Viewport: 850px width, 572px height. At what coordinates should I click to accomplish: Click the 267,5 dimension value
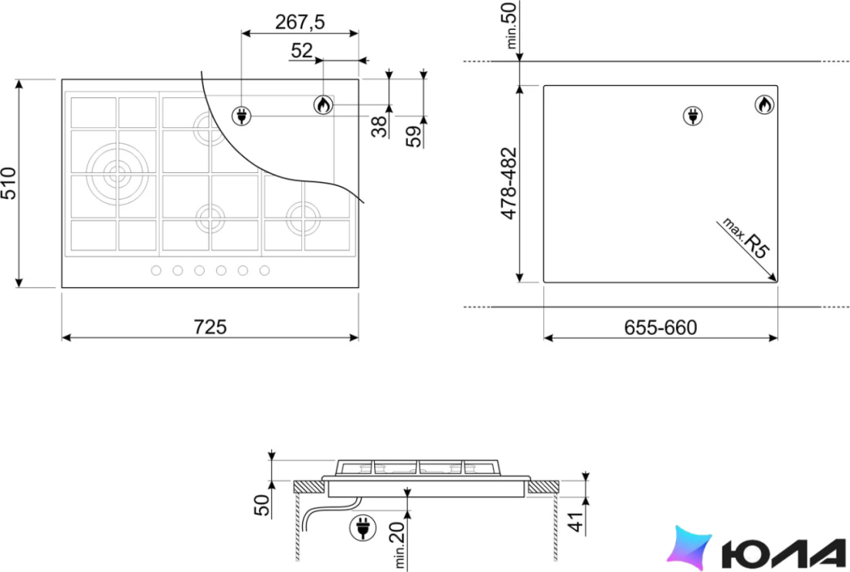[x=300, y=22]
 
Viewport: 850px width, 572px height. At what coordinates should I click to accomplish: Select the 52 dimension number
[x=302, y=50]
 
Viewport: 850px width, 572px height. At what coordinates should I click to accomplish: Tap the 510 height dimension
[x=8, y=183]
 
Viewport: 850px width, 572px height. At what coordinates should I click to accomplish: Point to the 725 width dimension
[x=210, y=327]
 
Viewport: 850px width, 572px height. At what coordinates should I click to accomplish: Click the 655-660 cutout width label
[x=660, y=328]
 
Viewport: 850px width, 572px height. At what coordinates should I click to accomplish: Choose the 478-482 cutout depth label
[x=509, y=183]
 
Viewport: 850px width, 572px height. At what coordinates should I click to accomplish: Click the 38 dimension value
[x=379, y=127]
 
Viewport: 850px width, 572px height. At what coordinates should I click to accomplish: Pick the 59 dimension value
[x=413, y=137]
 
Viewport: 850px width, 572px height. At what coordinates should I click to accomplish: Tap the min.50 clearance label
[x=512, y=25]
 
